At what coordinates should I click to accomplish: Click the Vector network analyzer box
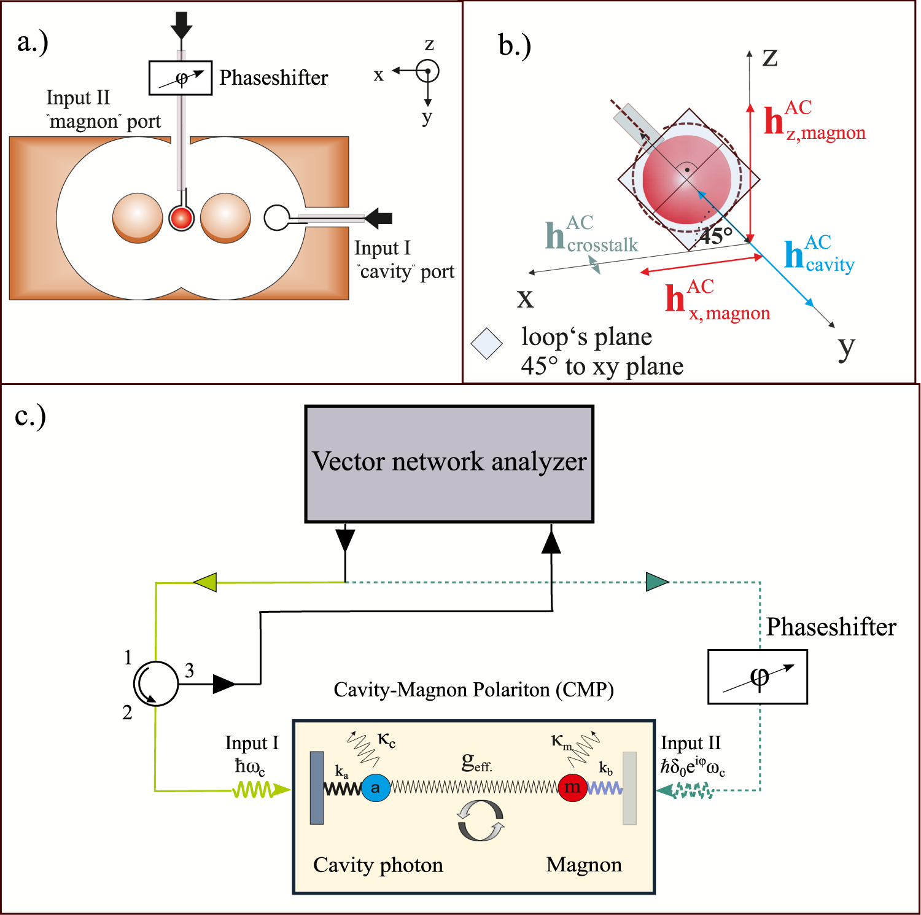click(x=449, y=464)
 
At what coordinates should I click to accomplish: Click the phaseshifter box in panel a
click(x=181, y=78)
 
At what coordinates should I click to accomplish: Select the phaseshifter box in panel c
click(x=757, y=676)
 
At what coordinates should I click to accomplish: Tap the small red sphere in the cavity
click(x=182, y=217)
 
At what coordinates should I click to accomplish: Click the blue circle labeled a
click(x=376, y=787)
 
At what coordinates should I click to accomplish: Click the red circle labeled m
click(x=572, y=787)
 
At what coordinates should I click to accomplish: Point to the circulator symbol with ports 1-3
click(x=156, y=683)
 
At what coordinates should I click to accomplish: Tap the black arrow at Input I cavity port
click(x=378, y=217)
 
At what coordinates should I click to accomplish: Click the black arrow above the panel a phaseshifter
click(x=181, y=25)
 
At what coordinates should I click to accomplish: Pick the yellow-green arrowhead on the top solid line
click(x=205, y=582)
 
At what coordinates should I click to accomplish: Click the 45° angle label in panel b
click(x=717, y=235)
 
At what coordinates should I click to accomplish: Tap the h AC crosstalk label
click(x=591, y=235)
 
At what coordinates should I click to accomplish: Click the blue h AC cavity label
click(x=819, y=254)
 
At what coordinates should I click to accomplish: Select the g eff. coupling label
click(x=476, y=762)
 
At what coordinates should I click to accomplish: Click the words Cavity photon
click(x=378, y=865)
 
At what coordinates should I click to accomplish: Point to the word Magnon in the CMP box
click(x=584, y=865)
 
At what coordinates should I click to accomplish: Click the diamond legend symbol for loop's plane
click(x=487, y=343)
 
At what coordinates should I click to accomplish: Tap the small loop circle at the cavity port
click(x=276, y=217)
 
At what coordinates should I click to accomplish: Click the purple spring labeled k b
click(x=605, y=788)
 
